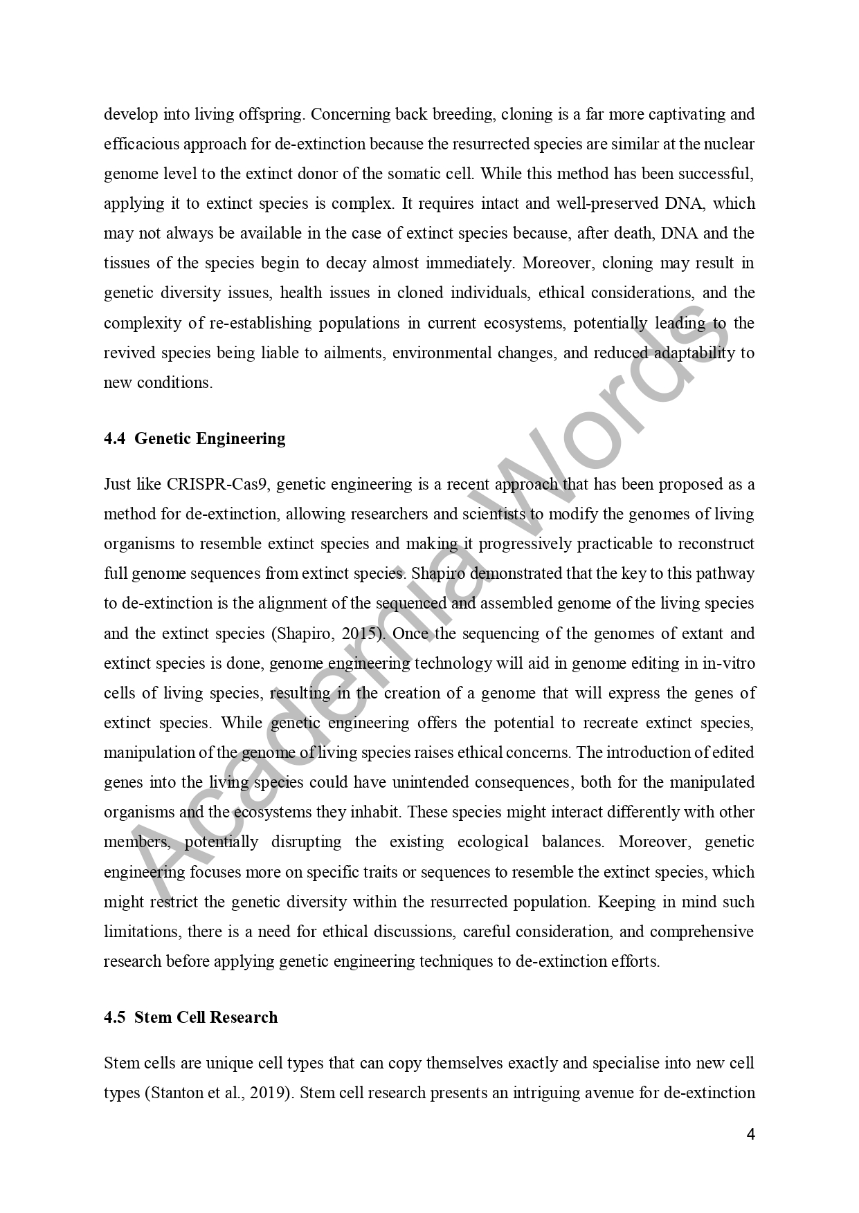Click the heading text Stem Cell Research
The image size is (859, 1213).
pos(206,1017)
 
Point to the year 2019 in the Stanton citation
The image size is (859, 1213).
pos(272,1093)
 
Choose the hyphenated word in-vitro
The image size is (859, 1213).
pos(729,663)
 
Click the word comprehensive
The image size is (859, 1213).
pos(701,932)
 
